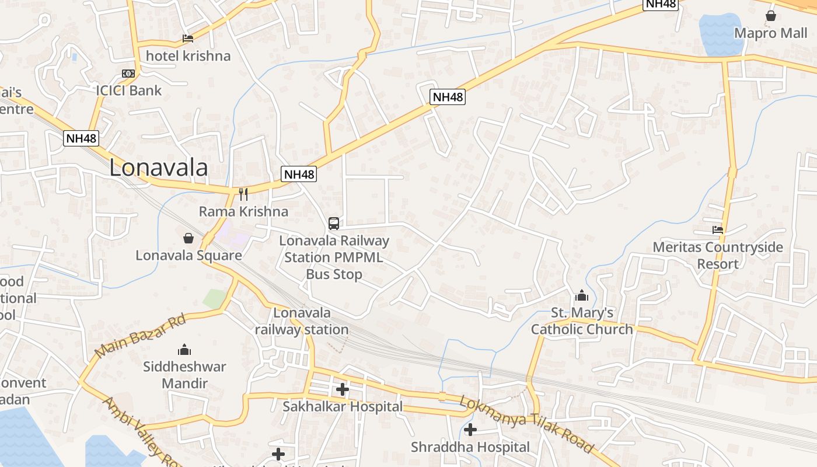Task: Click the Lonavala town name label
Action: [x=158, y=168]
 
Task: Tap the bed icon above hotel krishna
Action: [x=187, y=39]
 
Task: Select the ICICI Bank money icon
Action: [x=128, y=74]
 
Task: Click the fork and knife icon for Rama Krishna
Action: [x=243, y=194]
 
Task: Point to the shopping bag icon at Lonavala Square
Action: [x=188, y=238]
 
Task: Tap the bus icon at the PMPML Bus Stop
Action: [x=334, y=223]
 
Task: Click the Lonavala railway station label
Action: [x=302, y=321]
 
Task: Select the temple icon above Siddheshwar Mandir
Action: [x=184, y=350]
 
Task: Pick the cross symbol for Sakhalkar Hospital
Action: [x=343, y=389]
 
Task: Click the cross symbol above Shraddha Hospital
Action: [x=470, y=430]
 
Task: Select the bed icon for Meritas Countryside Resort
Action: [x=718, y=230]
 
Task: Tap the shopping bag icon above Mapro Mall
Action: [x=771, y=16]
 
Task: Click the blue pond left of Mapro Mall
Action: [x=719, y=35]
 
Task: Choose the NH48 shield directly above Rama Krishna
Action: [x=299, y=174]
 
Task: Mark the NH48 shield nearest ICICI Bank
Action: [x=81, y=138]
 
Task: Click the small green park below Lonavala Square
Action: [x=214, y=298]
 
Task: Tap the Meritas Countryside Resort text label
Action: [x=718, y=255]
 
